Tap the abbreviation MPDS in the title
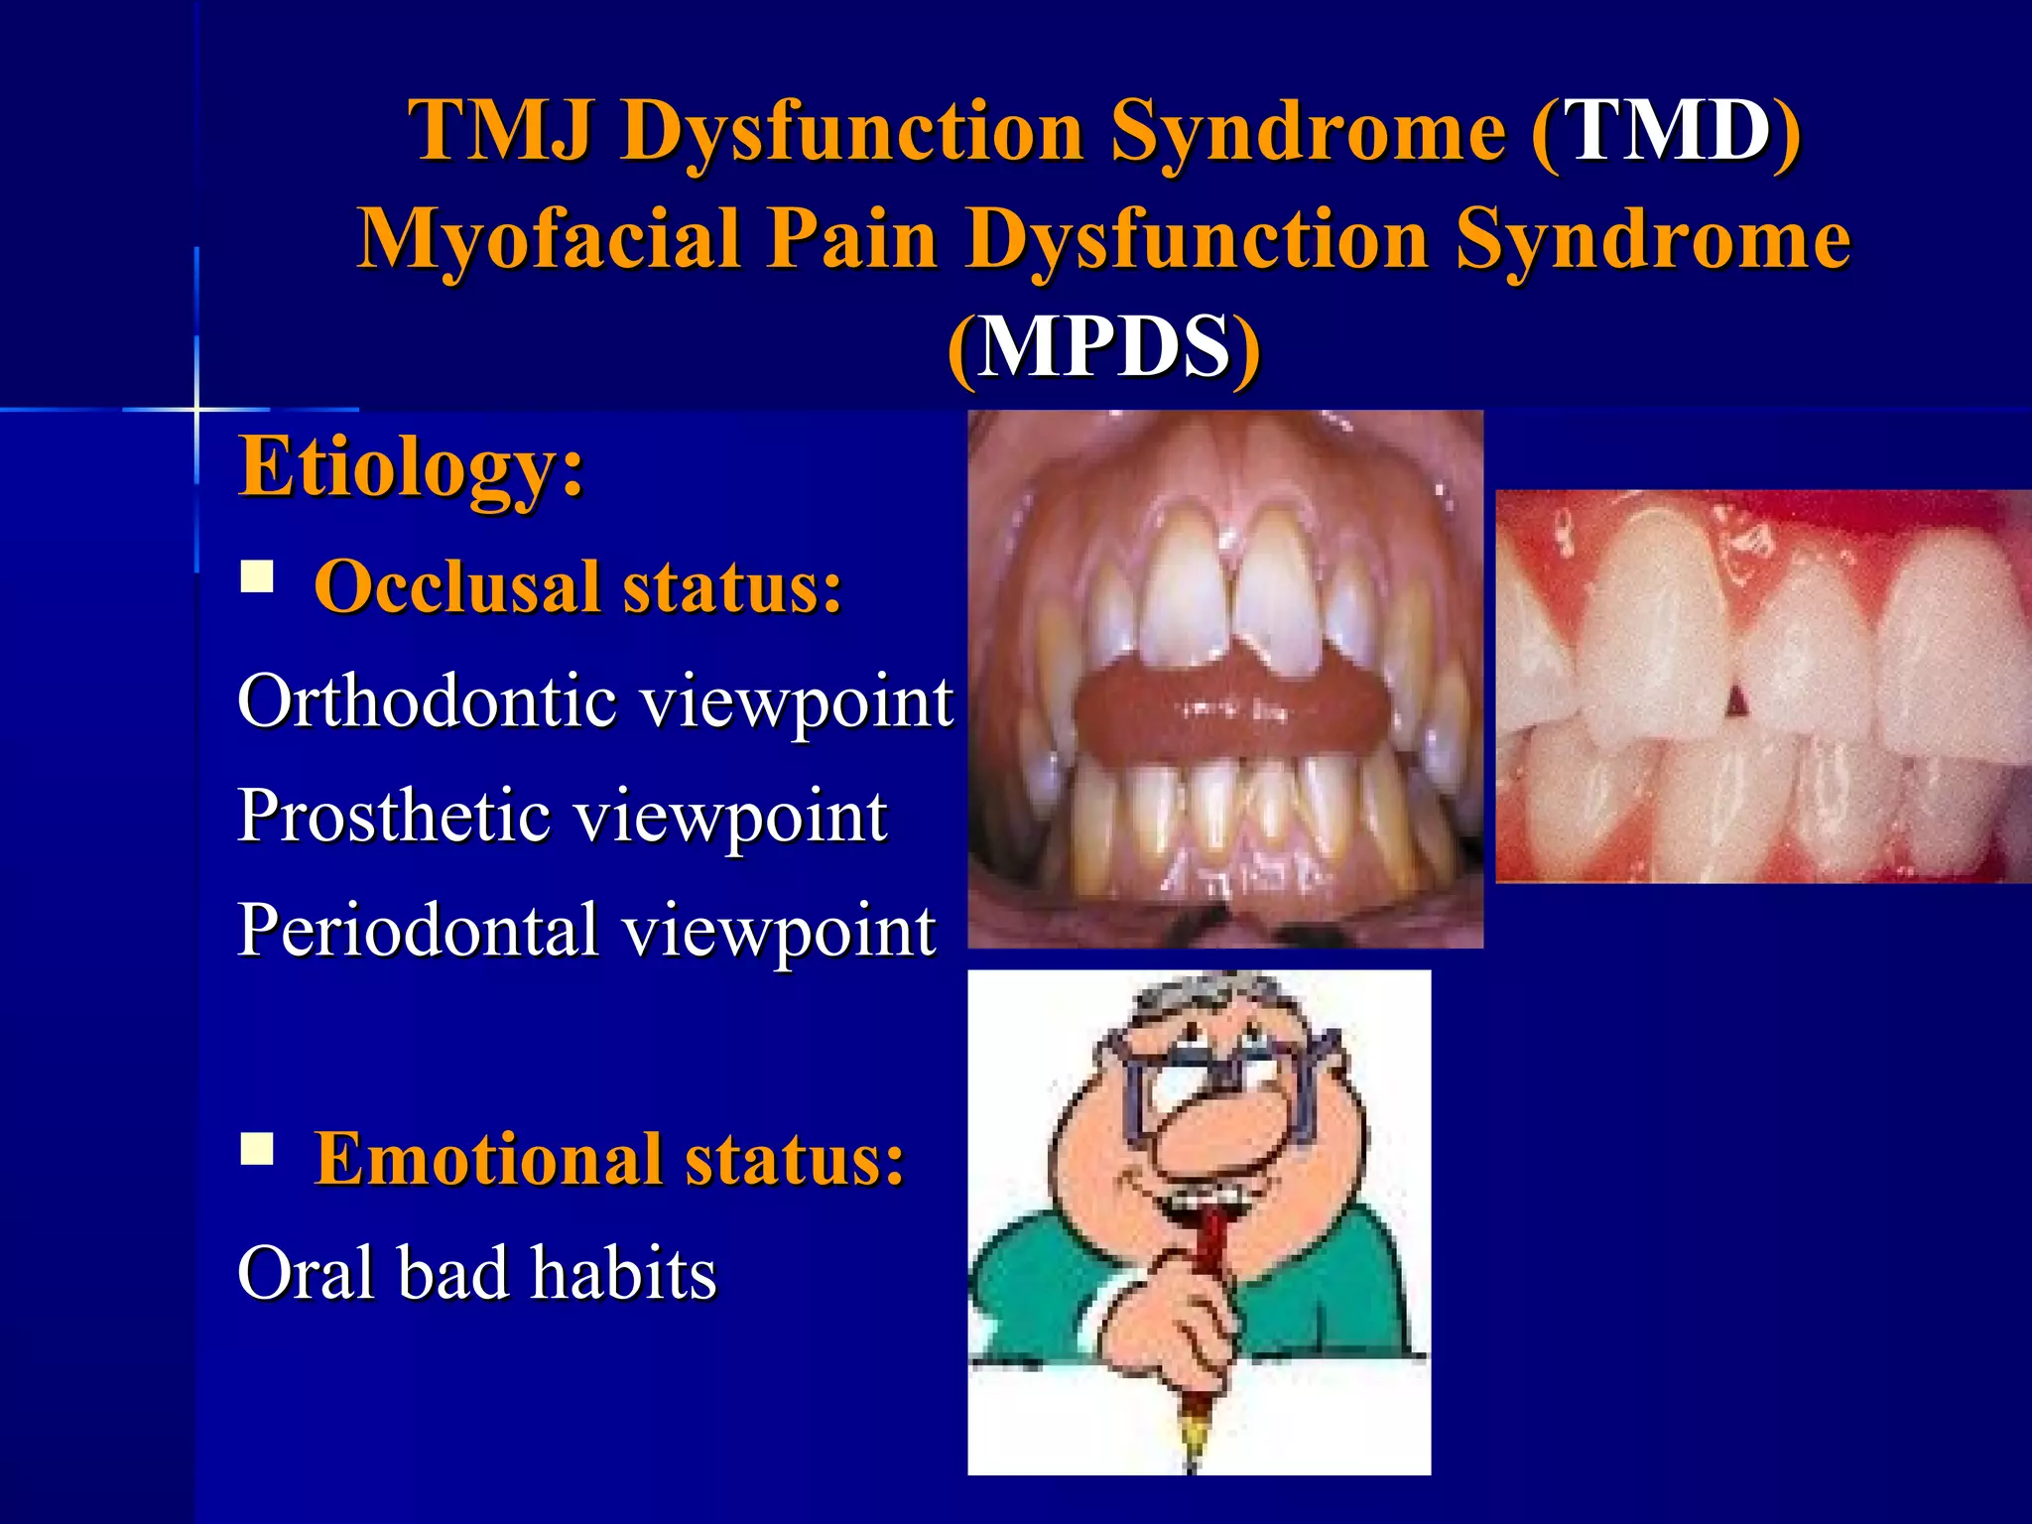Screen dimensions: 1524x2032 (1103, 346)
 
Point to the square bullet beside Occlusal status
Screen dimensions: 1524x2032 (257, 576)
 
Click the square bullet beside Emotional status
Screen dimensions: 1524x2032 (257, 1149)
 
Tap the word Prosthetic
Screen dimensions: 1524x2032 (394, 816)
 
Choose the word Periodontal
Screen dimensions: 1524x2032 (417, 930)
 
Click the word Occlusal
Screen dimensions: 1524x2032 (456, 586)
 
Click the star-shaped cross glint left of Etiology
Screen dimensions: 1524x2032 (196, 408)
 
